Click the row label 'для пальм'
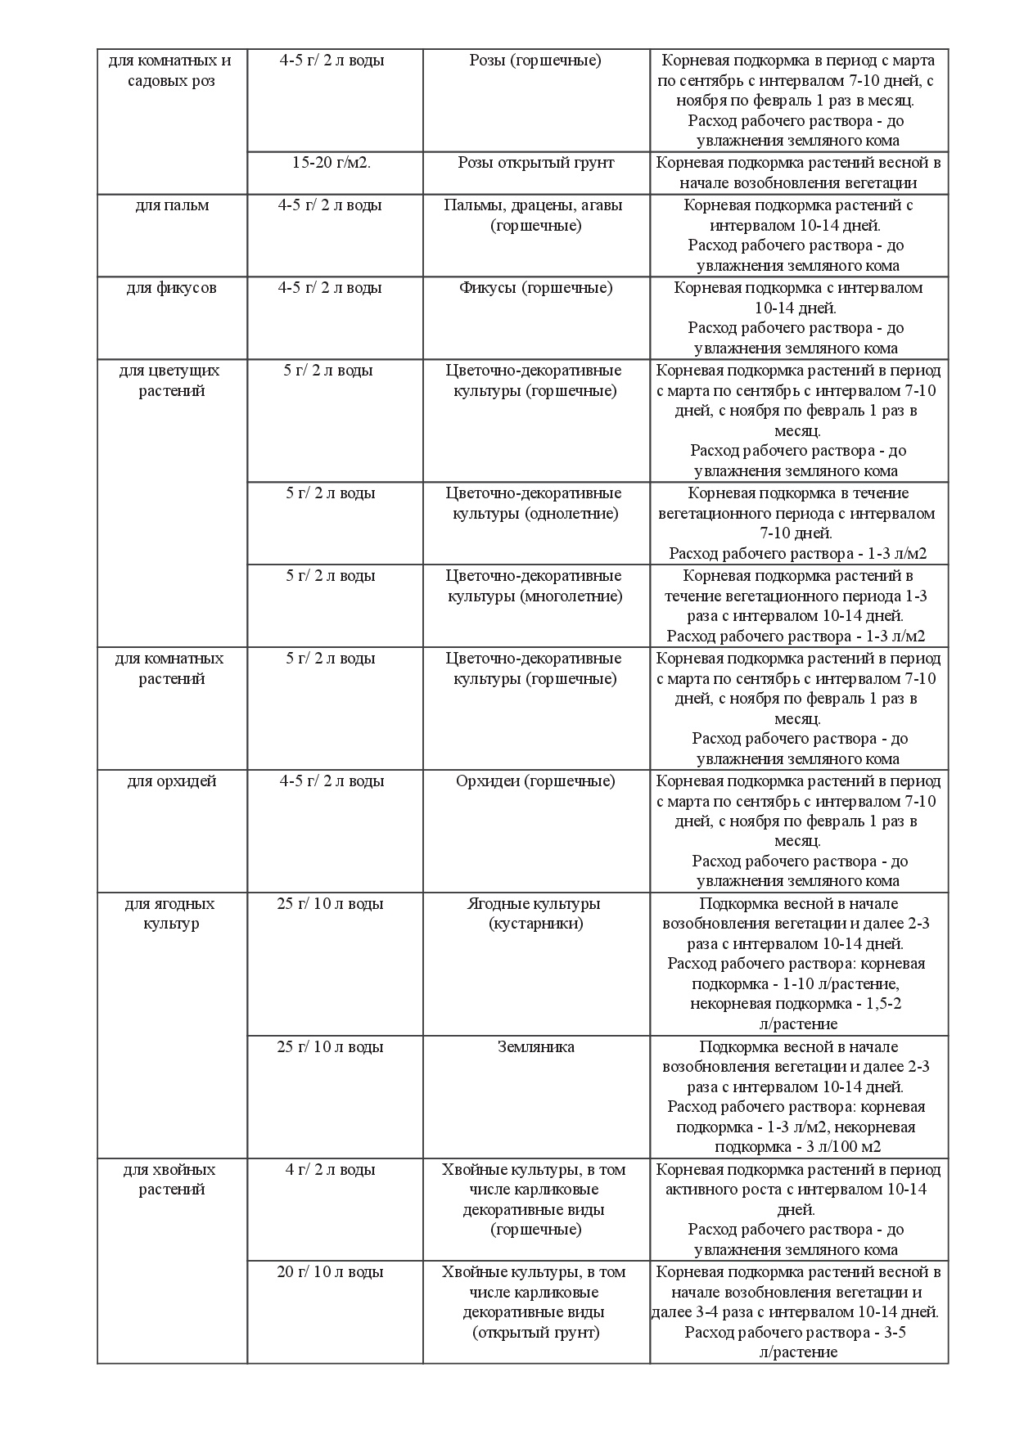coord(172,205)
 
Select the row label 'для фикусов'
coord(172,288)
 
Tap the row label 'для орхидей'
coord(172,781)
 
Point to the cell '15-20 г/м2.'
coord(331,163)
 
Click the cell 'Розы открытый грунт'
coord(536,163)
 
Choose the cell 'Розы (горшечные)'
coord(536,61)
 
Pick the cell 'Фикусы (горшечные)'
coord(536,288)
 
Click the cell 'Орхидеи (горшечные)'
coord(536,781)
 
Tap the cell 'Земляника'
coord(536,1047)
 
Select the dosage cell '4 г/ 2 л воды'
coord(331,1170)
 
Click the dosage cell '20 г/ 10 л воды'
coord(331,1272)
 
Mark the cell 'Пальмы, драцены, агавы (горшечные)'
coord(536,215)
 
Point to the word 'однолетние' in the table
coord(571,514)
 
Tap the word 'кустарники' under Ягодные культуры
coord(536,924)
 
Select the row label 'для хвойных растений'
coord(172,1180)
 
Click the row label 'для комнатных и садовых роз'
coord(172,70)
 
